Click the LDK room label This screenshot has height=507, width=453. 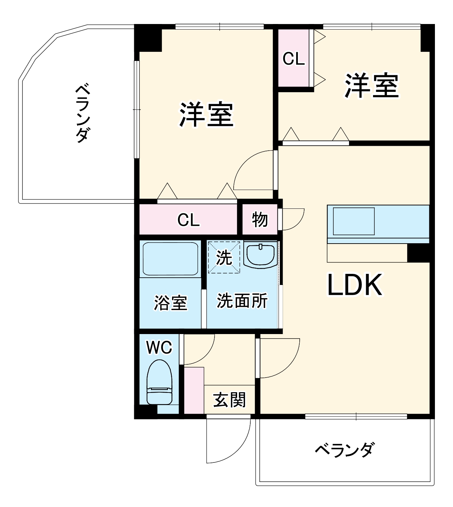point(355,285)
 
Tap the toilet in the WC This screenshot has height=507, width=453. point(159,383)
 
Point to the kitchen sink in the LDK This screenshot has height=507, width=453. point(354,221)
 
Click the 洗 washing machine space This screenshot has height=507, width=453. point(224,258)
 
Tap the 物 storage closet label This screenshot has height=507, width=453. point(260,220)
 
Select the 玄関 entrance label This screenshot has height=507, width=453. point(229,400)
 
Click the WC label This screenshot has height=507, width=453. point(159,347)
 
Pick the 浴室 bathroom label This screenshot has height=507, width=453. point(170,303)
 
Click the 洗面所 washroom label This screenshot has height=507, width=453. point(242,301)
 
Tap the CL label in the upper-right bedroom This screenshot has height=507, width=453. point(293,59)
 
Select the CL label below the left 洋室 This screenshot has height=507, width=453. point(188,220)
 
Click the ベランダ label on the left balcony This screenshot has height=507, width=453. point(83,113)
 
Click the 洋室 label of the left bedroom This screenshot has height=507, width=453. point(206,114)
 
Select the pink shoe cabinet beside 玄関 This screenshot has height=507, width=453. point(194,390)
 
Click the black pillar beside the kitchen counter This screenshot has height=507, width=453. point(418,253)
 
